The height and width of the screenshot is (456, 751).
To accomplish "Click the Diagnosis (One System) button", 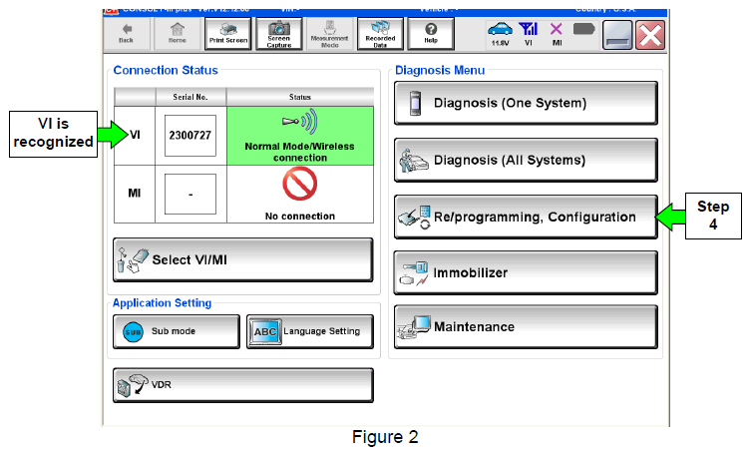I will click(526, 103).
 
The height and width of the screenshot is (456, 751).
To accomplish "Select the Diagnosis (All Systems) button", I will click(526, 160).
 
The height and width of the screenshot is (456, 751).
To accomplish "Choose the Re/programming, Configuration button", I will click(526, 217).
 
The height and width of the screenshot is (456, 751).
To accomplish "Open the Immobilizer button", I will click(526, 272).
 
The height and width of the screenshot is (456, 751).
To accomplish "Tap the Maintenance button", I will click(526, 327).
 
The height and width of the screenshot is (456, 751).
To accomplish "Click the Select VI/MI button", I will click(242, 259).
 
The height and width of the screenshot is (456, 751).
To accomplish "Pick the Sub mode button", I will click(176, 331).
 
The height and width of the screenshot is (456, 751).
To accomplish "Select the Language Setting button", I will click(309, 331).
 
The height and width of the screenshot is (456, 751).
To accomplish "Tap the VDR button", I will click(242, 384).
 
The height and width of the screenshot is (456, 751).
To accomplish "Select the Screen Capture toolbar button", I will click(279, 36).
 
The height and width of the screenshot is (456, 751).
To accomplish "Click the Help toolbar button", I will click(431, 36).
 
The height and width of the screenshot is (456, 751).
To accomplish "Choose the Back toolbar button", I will click(126, 36).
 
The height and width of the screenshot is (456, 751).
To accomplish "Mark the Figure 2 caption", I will click(384, 437).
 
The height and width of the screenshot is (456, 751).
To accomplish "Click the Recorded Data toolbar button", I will click(380, 36).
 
